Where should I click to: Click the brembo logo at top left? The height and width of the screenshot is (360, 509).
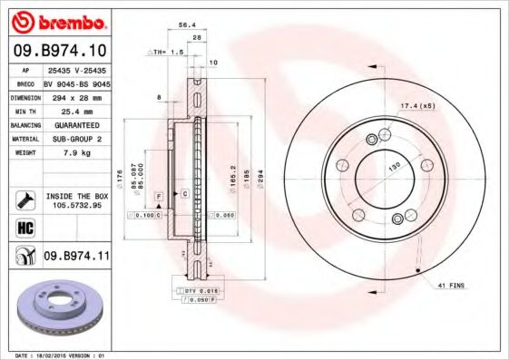point(57,20)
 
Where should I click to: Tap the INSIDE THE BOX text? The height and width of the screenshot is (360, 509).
point(75,194)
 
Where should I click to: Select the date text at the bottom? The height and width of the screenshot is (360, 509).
point(56,354)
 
